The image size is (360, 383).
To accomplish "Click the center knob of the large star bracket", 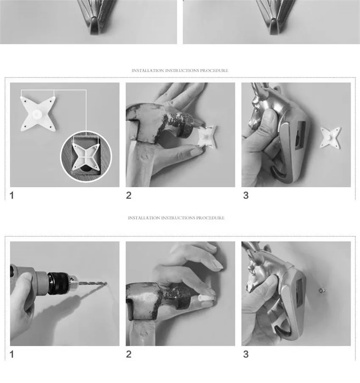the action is pyautogui.click(x=37, y=114).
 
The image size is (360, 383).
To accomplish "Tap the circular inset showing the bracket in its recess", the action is pyautogui.click(x=86, y=156).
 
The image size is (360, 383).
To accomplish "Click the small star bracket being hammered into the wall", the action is pyautogui.click(x=207, y=137).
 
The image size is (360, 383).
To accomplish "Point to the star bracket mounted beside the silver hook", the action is pyautogui.click(x=330, y=138).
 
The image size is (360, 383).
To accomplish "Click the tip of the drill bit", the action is pyautogui.click(x=106, y=283).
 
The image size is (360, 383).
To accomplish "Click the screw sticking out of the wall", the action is pyautogui.click(x=321, y=290).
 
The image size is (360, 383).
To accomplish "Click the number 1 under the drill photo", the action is pyautogui.click(x=12, y=354).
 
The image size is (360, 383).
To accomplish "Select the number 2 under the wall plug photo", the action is pyautogui.click(x=129, y=354).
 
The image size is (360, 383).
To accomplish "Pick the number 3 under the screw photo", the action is pyautogui.click(x=246, y=354).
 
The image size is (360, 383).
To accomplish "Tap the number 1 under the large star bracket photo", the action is pyautogui.click(x=12, y=195).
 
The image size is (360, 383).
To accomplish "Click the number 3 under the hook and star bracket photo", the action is pyautogui.click(x=246, y=195).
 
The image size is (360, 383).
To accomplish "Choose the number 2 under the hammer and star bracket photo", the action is pyautogui.click(x=129, y=195).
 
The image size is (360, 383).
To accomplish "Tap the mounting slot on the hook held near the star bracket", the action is pyautogui.click(x=300, y=135).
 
